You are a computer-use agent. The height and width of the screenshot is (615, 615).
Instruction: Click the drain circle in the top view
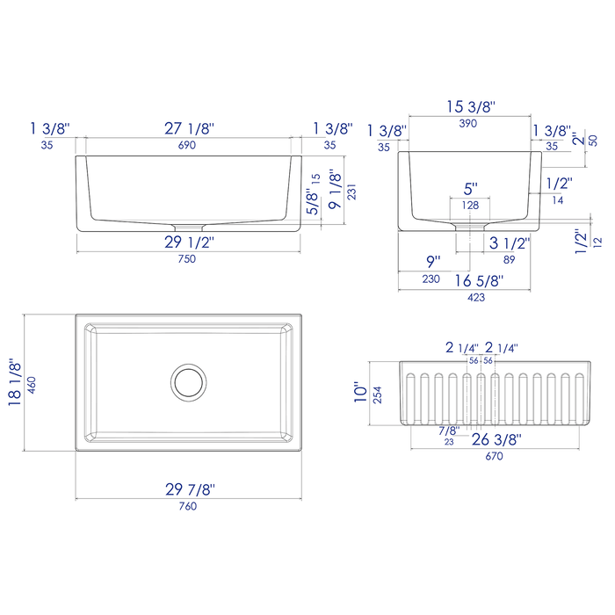coord(186,380)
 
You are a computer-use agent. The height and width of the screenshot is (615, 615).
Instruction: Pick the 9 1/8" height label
coord(334,191)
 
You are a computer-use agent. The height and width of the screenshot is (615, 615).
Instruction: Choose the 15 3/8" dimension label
coord(471,107)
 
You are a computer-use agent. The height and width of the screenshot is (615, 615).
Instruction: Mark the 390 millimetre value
coord(471,125)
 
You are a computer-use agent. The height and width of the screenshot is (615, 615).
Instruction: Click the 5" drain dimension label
coord(471,188)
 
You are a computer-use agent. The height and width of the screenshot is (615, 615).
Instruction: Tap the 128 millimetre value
coord(471,205)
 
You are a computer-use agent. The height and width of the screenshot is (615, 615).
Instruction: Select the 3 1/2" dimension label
coord(507,242)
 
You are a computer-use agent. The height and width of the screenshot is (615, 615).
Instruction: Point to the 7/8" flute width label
coord(448,430)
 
